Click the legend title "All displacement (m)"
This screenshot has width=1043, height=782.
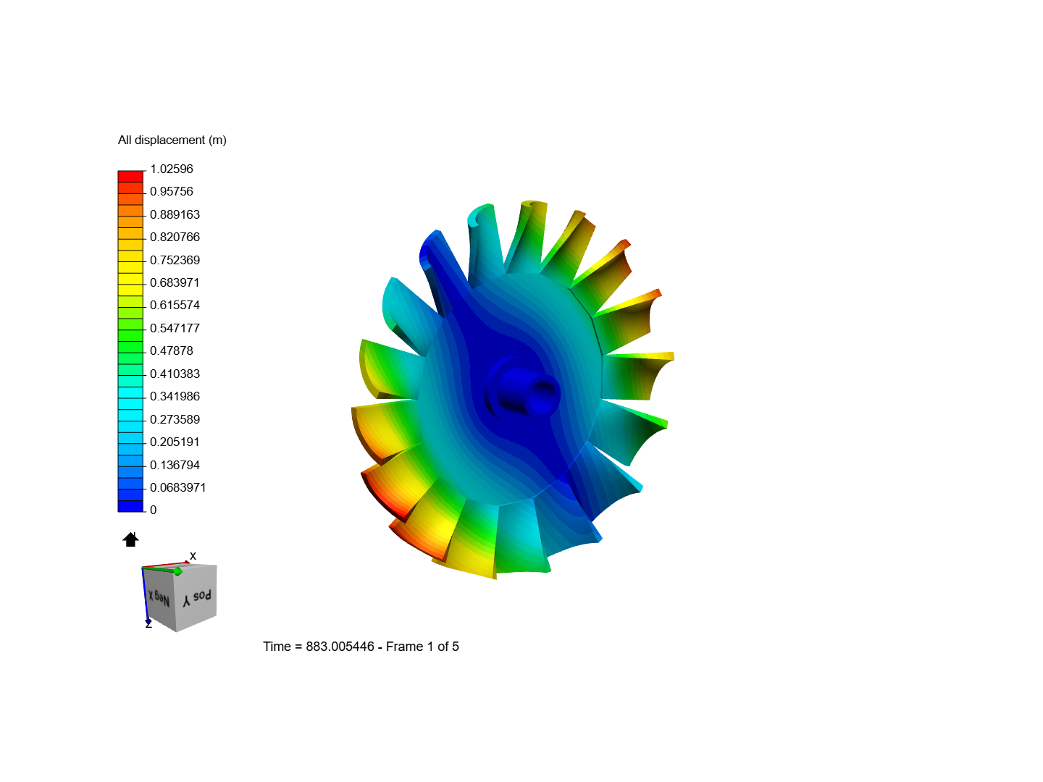(x=172, y=140)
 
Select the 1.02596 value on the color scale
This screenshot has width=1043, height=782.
(x=172, y=169)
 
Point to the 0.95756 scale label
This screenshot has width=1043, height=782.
(x=172, y=191)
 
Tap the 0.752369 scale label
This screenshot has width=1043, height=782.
(x=175, y=260)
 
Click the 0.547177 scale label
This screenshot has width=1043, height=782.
(x=175, y=328)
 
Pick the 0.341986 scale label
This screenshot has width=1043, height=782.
(x=175, y=396)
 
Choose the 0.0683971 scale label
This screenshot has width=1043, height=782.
(x=177, y=487)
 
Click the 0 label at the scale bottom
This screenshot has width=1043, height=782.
(x=153, y=510)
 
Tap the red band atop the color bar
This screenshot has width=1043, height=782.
(x=130, y=176)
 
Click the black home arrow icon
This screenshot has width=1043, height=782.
(x=130, y=539)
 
